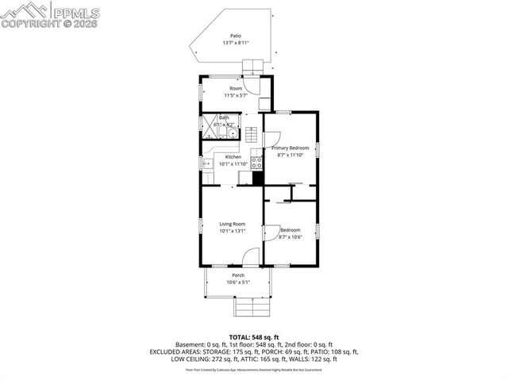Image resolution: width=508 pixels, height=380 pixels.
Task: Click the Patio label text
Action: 236,36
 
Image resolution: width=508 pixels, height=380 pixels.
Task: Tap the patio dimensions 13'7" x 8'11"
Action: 236,43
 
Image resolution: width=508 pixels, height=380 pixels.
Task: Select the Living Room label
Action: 233,224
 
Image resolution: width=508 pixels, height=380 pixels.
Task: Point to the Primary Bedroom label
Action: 290,148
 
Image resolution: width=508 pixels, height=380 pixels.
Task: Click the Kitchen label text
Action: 233,157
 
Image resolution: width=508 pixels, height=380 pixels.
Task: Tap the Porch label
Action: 237,275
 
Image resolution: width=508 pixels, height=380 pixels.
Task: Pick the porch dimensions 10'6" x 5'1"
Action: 237,282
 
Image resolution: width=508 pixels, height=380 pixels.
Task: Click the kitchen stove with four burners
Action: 256,163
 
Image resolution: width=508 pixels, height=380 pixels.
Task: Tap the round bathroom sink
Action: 232,133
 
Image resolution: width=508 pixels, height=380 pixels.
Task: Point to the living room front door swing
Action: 251,255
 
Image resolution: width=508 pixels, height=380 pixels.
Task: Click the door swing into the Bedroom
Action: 271,232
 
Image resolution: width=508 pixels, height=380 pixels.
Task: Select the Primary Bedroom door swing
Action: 271,140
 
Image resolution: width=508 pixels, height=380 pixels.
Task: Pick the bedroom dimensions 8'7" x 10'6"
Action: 290,237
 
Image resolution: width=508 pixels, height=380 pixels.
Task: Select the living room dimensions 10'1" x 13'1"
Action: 233,231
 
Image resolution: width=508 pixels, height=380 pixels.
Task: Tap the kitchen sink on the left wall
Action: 207,164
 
